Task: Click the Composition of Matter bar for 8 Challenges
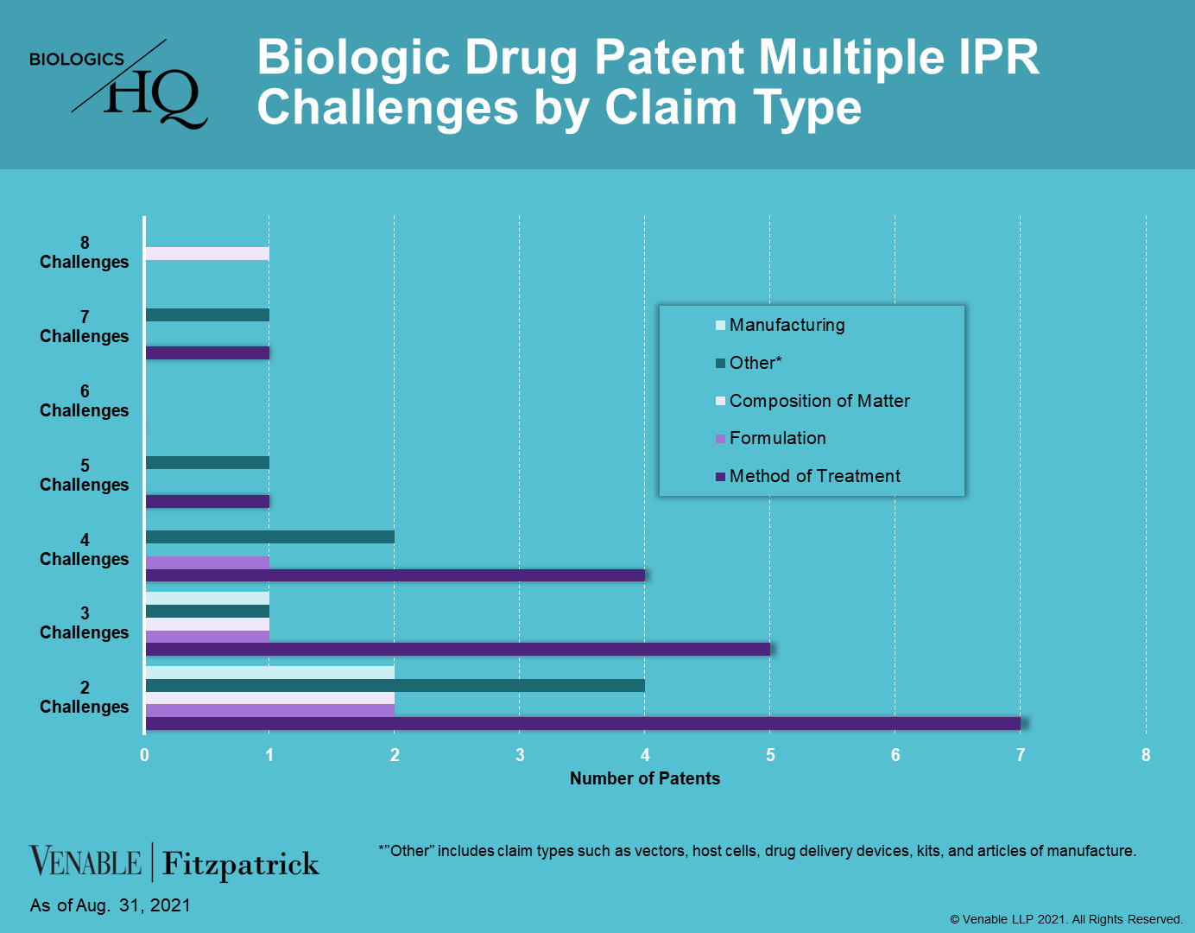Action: [207, 254]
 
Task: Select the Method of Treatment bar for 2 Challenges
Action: [583, 723]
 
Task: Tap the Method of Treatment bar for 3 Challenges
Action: [458, 649]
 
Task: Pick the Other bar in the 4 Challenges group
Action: [270, 537]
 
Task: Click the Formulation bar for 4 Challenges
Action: [207, 562]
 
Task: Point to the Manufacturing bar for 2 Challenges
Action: [270, 673]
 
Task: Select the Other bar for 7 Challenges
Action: [207, 314]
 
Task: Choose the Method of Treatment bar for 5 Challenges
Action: [207, 501]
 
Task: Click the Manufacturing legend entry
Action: [781, 325]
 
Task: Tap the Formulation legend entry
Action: [771, 439]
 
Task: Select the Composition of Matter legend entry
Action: [812, 401]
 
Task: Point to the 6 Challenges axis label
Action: [84, 401]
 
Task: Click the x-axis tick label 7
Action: [1021, 755]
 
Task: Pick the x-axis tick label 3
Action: [520, 755]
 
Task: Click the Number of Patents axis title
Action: [644, 778]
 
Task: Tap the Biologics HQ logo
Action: [119, 84]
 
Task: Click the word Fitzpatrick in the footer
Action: [240, 864]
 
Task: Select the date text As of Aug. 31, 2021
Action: [110, 905]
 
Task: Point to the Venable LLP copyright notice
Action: [1066, 919]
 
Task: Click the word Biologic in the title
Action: [354, 57]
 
